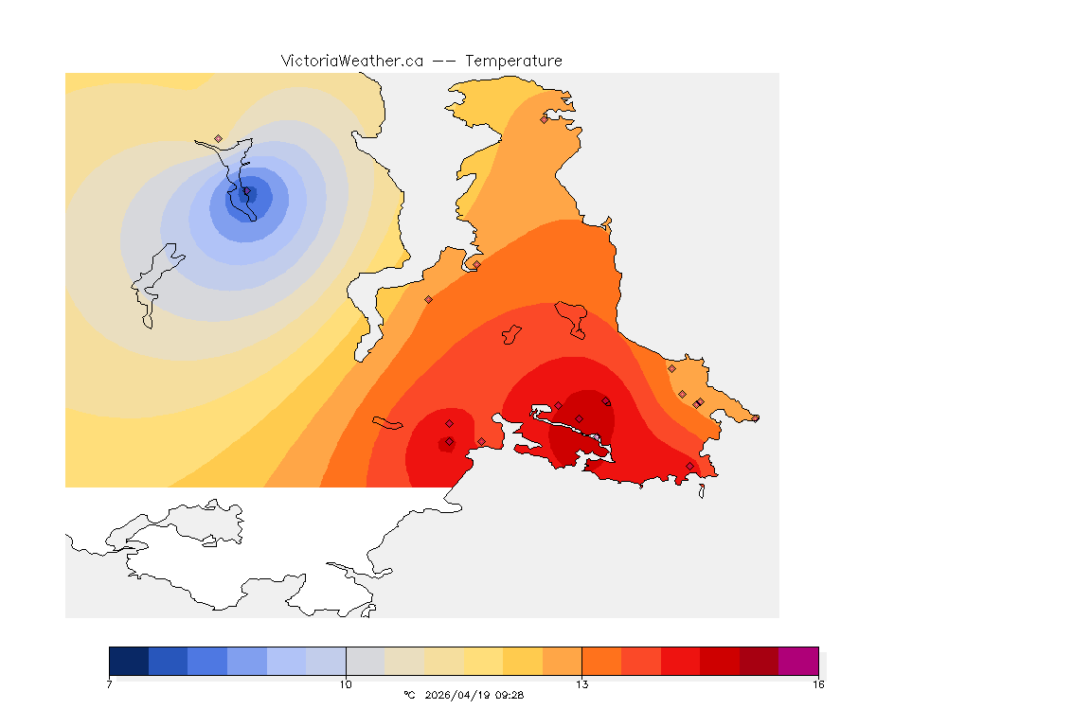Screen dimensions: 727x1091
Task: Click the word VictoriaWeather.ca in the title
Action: tap(351, 61)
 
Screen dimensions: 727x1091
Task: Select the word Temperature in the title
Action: tap(513, 61)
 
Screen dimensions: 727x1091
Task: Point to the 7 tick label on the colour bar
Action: tap(110, 683)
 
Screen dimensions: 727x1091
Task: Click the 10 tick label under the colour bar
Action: tap(346, 683)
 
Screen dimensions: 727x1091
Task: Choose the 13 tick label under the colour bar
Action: tap(581, 683)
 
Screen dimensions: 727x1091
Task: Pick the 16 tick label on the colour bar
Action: tap(817, 683)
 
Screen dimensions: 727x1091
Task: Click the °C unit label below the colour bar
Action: tap(409, 695)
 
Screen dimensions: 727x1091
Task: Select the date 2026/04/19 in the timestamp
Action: tap(458, 695)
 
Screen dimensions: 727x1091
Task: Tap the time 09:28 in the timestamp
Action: tap(510, 695)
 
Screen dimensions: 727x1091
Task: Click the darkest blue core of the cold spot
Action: tap(245, 195)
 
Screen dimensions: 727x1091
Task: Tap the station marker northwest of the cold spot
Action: tap(218, 138)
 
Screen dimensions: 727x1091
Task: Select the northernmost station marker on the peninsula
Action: tap(544, 119)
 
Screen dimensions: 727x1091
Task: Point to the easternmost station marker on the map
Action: tap(756, 417)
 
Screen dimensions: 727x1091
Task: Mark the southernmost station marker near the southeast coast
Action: tap(689, 466)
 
